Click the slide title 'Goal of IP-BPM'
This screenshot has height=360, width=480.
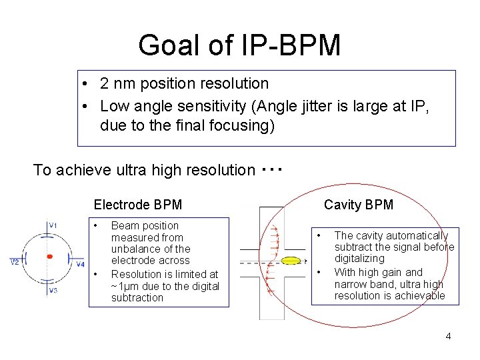pyautogui.click(x=239, y=45)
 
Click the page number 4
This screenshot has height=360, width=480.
pyautogui.click(x=448, y=336)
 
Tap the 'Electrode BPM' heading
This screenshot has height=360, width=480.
pyautogui.click(x=137, y=205)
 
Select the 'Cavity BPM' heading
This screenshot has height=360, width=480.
pyautogui.click(x=359, y=205)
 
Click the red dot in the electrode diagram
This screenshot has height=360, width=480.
pyautogui.click(x=49, y=257)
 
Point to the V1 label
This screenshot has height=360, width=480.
pyautogui.click(x=53, y=225)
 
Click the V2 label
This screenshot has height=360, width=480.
pyautogui.click(x=14, y=262)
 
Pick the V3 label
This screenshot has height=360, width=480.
pyautogui.click(x=53, y=291)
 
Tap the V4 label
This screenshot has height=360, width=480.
pyautogui.click(x=81, y=265)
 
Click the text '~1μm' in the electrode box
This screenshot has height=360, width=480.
pyautogui.click(x=125, y=286)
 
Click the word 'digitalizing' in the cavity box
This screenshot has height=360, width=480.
pyautogui.click(x=359, y=259)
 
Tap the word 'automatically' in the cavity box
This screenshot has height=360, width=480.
pyautogui.click(x=417, y=235)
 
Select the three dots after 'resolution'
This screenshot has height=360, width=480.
pyautogui.click(x=271, y=169)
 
